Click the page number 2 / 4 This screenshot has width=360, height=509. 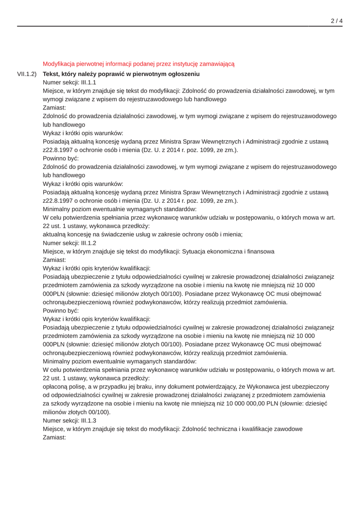tap(337, 21)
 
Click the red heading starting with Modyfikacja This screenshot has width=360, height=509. tap(138, 64)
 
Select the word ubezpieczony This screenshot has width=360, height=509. tap(311, 387)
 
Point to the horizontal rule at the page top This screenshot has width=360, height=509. tap(180, 26)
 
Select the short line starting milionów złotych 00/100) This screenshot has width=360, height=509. tap(77, 412)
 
